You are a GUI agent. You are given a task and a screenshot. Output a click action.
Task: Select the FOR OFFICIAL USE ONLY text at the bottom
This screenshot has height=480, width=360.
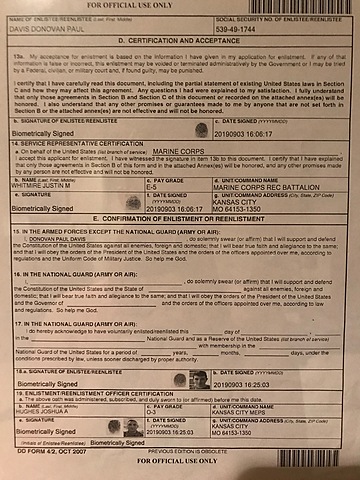coord(180,470)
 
